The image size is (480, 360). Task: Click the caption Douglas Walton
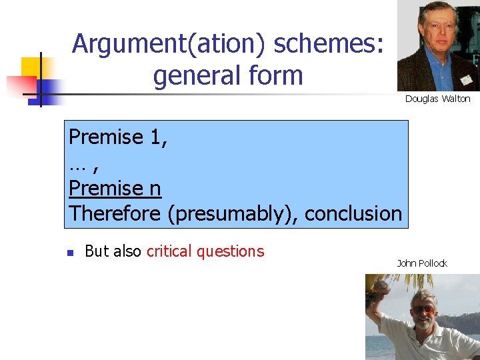click(x=437, y=99)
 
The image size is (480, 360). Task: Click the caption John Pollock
click(x=422, y=263)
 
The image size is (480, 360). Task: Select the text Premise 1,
click(x=118, y=137)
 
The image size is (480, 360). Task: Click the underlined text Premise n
click(x=115, y=189)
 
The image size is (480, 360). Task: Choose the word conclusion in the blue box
click(x=354, y=214)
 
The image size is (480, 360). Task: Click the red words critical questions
click(x=205, y=251)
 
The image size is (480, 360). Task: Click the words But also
click(x=113, y=251)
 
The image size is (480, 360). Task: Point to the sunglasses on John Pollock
click(x=423, y=310)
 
